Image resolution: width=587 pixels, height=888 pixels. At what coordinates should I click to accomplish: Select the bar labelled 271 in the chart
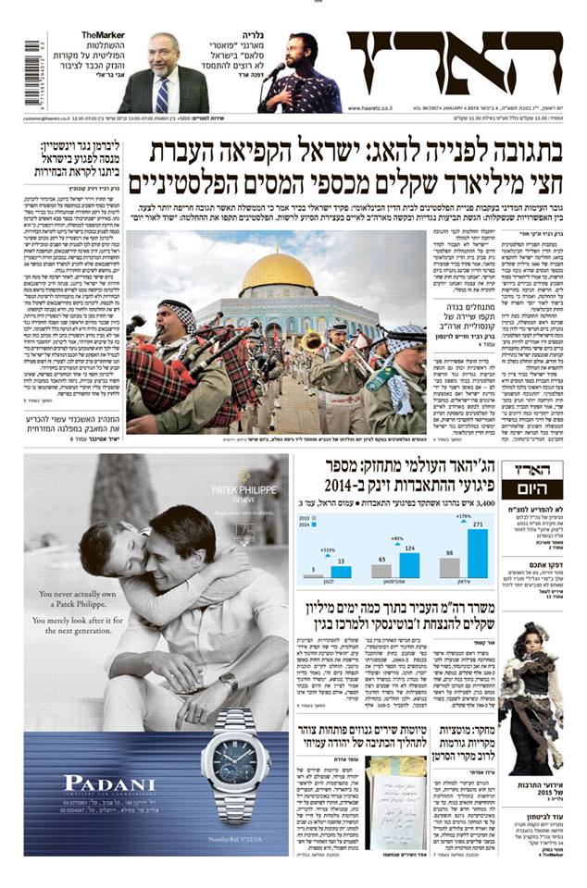pyautogui.click(x=478, y=553)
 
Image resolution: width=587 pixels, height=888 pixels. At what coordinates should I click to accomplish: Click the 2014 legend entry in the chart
pyautogui.click(x=309, y=526)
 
